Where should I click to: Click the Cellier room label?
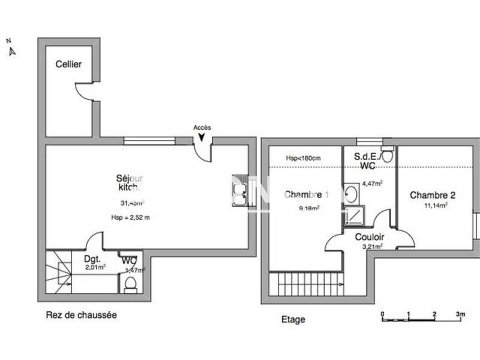click(x=69, y=65)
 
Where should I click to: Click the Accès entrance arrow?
click(x=202, y=137)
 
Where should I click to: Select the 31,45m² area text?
click(x=132, y=203)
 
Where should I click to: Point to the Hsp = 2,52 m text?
click(x=130, y=217)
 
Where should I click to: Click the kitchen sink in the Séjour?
click(x=240, y=191)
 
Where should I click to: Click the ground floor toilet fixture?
click(x=130, y=283)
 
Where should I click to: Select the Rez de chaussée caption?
click(x=81, y=314)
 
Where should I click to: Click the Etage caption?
click(x=293, y=320)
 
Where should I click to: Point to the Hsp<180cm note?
click(x=303, y=158)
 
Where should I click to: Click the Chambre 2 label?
click(x=432, y=195)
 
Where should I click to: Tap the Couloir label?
click(x=370, y=237)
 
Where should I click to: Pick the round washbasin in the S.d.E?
click(x=352, y=194)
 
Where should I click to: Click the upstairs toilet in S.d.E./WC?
click(x=387, y=156)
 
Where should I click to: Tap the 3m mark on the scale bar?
click(x=460, y=314)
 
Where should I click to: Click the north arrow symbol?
click(x=11, y=51)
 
